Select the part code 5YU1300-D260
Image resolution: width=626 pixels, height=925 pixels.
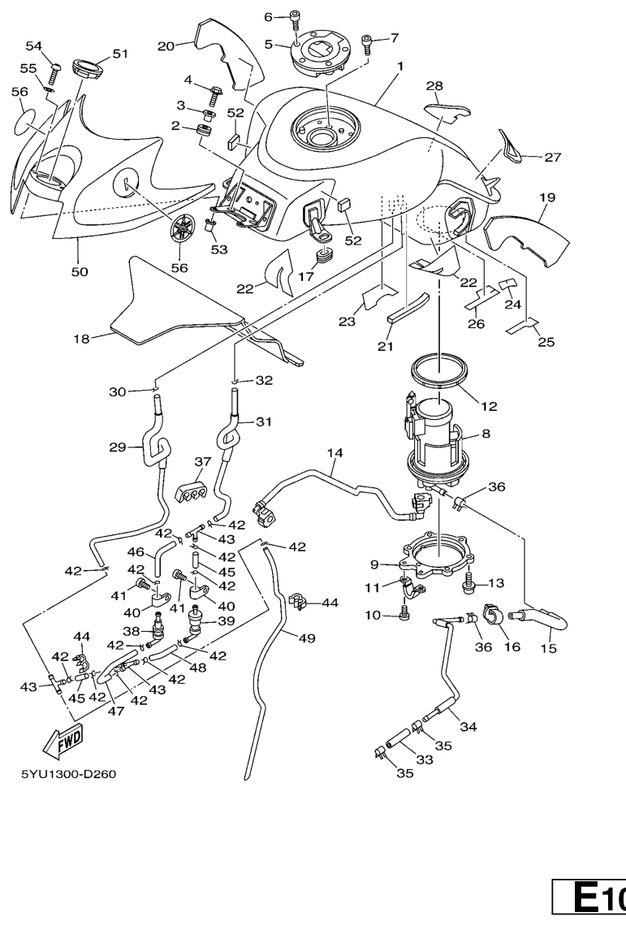pyautogui.click(x=68, y=773)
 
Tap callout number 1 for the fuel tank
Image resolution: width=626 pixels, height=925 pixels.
pyautogui.click(x=399, y=72)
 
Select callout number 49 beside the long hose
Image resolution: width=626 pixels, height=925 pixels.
pyautogui.click(x=306, y=639)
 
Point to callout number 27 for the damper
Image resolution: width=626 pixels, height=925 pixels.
pyautogui.click(x=553, y=158)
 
